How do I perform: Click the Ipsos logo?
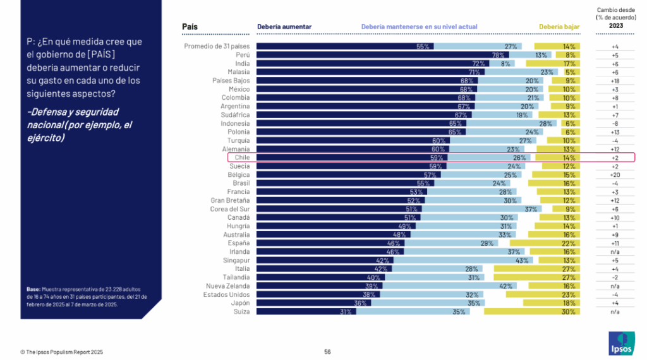coord(622,343)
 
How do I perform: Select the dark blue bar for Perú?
coord(382,55)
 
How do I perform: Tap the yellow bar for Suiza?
coord(532,312)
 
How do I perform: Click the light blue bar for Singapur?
coord(463,260)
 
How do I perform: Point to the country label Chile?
coord(242,157)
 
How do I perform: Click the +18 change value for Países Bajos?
coord(615,81)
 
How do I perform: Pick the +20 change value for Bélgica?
coord(615,175)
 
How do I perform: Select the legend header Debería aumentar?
coord(284,27)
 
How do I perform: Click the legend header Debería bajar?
coord(559,27)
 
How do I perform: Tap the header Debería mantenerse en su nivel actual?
coord(420,27)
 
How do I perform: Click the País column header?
coord(190,27)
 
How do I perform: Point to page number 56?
coord(327,352)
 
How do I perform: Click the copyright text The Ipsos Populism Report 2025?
coord(64,352)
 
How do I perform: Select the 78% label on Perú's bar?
coord(498,55)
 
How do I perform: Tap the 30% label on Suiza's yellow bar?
coord(568,312)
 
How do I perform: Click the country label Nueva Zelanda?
coord(227,286)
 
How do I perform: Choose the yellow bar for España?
coord(545,243)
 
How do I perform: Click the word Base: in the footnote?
coord(33,289)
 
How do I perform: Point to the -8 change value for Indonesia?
coord(615,124)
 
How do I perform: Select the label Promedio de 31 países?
coord(217,46)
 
